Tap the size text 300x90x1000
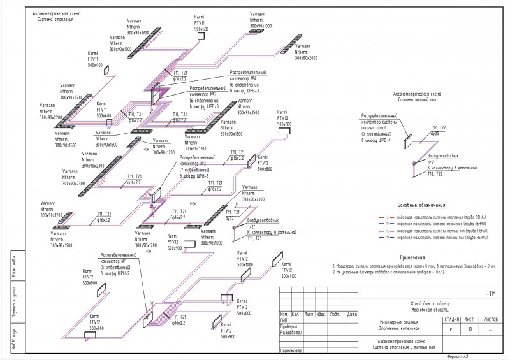259,25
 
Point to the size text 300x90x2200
51,117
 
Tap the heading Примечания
412,256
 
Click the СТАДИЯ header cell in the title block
450,317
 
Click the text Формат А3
457,356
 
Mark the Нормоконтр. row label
291,350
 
